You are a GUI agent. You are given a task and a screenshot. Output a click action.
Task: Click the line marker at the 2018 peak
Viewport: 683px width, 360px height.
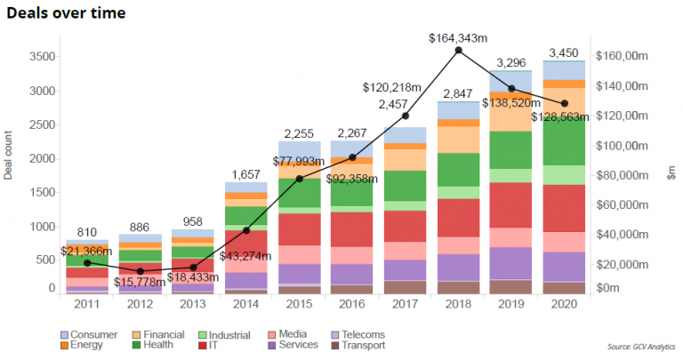pyautogui.click(x=458, y=51)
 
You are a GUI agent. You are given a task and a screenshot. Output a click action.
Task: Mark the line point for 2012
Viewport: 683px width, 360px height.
pyautogui.click(x=140, y=271)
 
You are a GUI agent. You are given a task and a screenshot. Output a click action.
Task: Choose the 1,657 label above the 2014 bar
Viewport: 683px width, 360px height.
pyautogui.click(x=245, y=174)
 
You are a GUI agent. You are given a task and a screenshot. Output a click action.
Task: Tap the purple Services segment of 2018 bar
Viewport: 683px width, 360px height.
pyautogui.click(x=458, y=268)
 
